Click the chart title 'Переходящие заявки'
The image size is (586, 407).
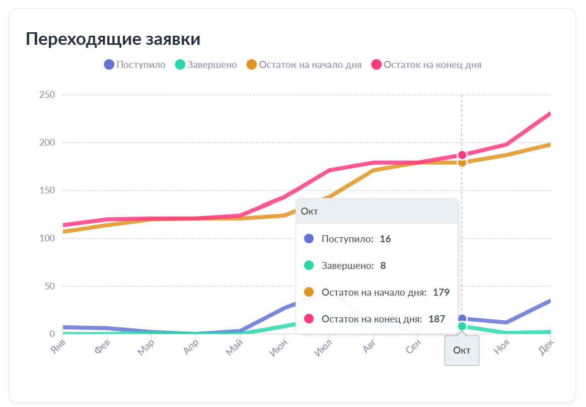click(x=113, y=39)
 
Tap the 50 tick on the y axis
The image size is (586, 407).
click(x=49, y=286)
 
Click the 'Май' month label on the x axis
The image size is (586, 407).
click(x=235, y=347)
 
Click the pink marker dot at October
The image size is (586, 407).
click(x=462, y=155)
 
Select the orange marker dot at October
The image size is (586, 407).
click(x=462, y=162)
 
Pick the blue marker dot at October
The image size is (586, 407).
click(x=462, y=318)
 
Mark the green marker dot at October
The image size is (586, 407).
click(x=462, y=326)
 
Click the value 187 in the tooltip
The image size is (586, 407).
click(x=436, y=319)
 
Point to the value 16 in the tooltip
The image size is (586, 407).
click(x=385, y=239)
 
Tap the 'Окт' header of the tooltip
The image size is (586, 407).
click(x=310, y=211)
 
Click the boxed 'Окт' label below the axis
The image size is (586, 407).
click(x=462, y=350)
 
